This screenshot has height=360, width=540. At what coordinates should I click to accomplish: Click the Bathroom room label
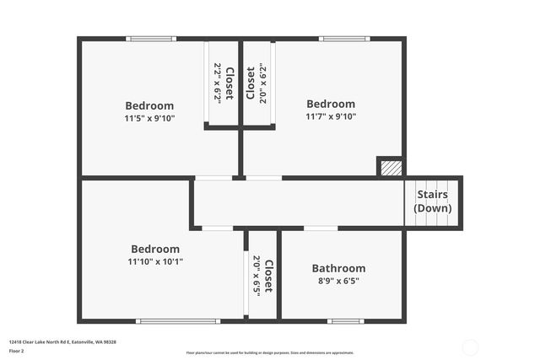[x=338, y=269]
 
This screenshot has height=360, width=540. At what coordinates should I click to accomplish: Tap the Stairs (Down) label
[x=434, y=201]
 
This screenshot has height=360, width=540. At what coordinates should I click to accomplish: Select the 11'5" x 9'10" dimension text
[x=149, y=118]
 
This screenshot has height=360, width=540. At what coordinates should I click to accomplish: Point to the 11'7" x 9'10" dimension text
[x=331, y=117]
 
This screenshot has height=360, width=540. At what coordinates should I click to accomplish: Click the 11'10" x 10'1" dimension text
[x=155, y=261]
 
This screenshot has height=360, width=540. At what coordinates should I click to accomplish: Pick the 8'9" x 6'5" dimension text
[x=338, y=282]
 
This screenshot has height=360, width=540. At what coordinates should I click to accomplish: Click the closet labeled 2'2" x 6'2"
[x=223, y=83]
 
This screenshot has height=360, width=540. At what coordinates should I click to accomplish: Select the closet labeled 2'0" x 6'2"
[x=256, y=83]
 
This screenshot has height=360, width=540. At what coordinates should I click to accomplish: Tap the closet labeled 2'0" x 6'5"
[x=262, y=274]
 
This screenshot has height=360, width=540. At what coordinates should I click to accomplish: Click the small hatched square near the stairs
[x=389, y=167]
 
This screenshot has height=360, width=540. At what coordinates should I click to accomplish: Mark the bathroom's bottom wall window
[x=345, y=320]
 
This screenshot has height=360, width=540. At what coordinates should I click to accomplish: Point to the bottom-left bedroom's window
[x=178, y=320]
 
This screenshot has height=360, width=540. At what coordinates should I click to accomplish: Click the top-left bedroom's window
[x=151, y=39]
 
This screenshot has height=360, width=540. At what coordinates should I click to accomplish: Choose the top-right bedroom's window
[x=344, y=39]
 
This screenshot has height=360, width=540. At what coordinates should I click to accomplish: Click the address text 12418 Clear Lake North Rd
[x=62, y=341]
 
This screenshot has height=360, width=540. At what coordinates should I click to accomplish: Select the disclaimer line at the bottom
[x=270, y=352]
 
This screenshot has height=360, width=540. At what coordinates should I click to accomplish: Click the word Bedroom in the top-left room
[x=149, y=105]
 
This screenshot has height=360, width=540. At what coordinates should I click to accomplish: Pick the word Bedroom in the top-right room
[x=331, y=105]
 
